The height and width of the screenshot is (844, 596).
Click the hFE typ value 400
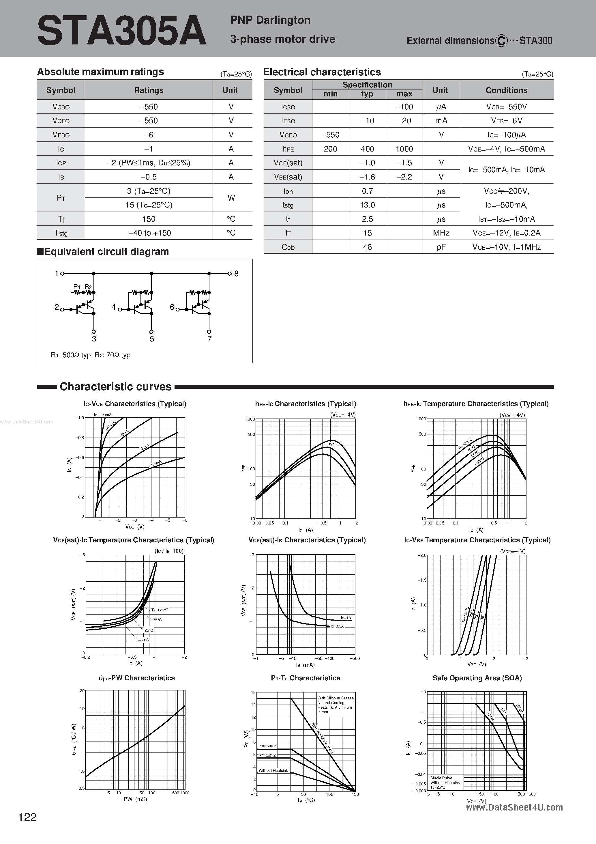click(367, 149)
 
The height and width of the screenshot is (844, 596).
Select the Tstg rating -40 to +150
click(149, 233)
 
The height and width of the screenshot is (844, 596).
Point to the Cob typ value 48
click(367, 247)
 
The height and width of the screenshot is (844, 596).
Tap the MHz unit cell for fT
click(441, 233)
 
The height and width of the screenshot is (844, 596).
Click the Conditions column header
click(506, 90)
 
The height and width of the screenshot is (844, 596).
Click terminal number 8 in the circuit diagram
click(236, 273)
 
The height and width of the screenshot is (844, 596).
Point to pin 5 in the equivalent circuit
click(152, 339)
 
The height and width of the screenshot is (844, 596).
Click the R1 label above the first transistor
click(77, 287)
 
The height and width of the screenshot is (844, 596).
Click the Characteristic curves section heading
click(115, 387)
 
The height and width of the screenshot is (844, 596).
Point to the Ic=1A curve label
click(346, 618)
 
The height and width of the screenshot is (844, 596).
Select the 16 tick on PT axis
click(253, 692)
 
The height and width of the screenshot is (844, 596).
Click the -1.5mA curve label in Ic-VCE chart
click(155, 464)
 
